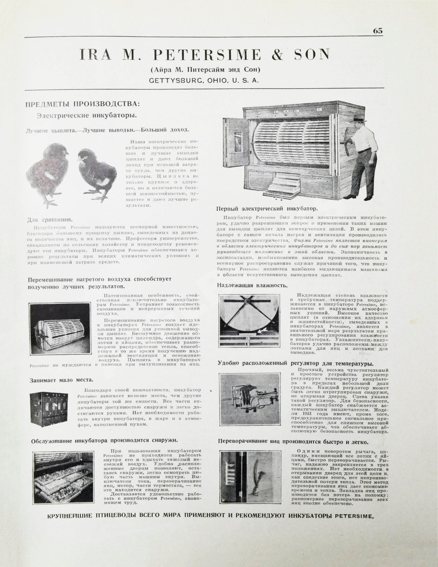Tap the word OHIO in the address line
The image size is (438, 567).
(217, 81)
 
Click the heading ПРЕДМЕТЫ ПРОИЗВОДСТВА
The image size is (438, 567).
(82, 104)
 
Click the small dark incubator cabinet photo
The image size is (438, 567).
(49, 409)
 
